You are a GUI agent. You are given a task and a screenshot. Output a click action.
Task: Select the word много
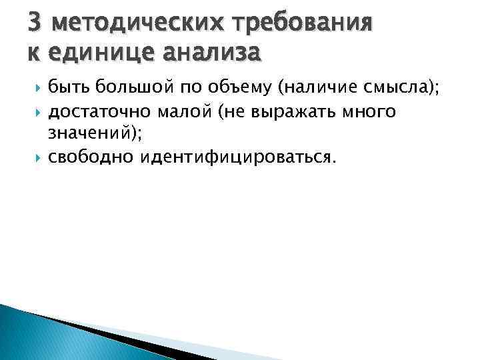(x=370, y=111)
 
